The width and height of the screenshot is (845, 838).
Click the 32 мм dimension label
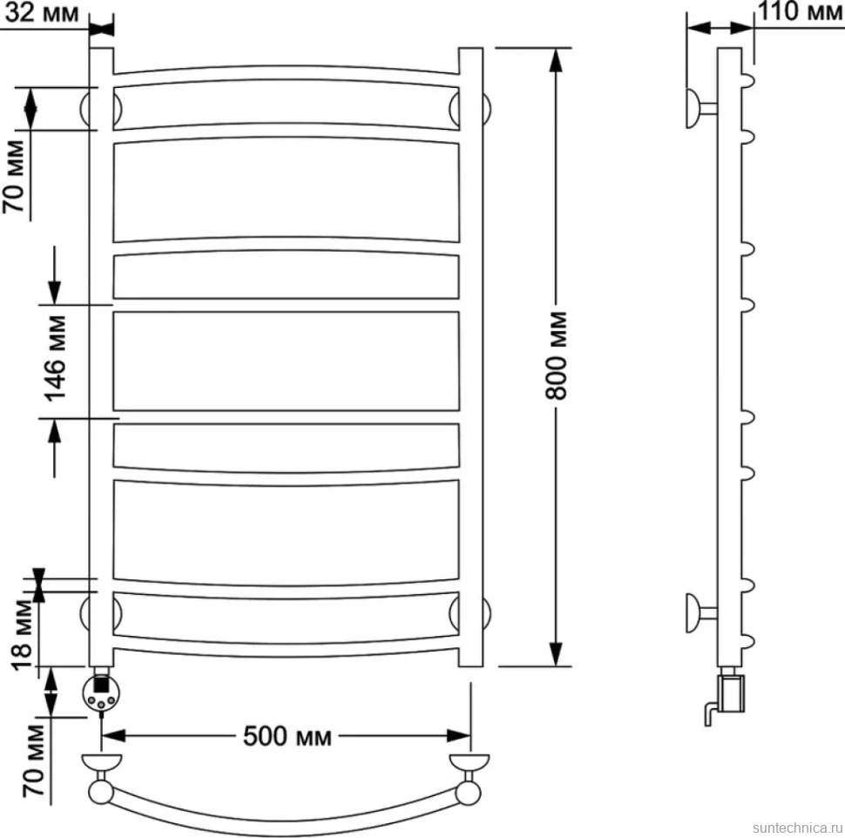click(x=42, y=12)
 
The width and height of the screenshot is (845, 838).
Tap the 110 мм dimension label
click(x=800, y=11)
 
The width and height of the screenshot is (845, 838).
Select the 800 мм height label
click(x=556, y=355)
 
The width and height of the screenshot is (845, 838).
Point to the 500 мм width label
click(x=287, y=735)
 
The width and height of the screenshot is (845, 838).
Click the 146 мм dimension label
click(x=56, y=359)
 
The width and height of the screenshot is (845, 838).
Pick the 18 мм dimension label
click(x=23, y=635)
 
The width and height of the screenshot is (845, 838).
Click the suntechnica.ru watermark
click(x=797, y=828)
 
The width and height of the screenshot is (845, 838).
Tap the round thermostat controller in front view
click(x=101, y=693)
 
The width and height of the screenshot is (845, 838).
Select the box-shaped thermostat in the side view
click(x=731, y=694)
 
